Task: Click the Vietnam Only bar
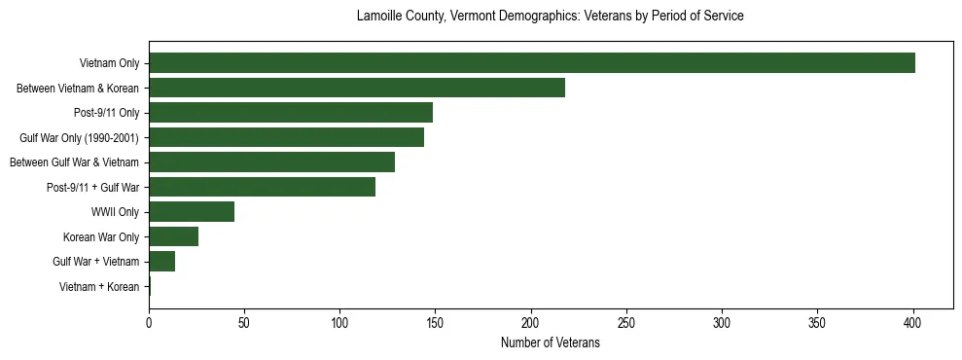[531, 63]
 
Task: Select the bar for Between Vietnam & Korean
[356, 88]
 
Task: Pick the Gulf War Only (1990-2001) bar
[286, 137]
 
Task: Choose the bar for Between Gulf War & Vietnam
[271, 162]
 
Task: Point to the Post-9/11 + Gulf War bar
[262, 187]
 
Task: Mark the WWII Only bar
[192, 212]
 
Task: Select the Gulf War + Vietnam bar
[161, 262]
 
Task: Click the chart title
[550, 17]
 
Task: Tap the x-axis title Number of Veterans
[550, 343]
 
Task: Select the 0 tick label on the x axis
[149, 321]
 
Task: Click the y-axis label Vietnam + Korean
[99, 286]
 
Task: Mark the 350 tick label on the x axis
[817, 321]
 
